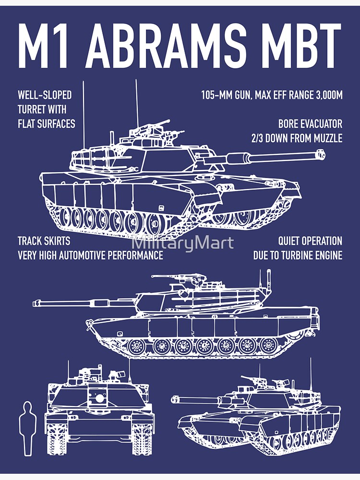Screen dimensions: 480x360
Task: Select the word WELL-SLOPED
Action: pyautogui.click(x=45, y=95)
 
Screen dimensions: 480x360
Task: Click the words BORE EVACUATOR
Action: pyautogui.click(x=310, y=124)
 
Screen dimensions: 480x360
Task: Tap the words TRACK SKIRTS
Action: pyautogui.click(x=44, y=241)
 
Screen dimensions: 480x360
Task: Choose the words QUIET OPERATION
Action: pyautogui.click(x=310, y=241)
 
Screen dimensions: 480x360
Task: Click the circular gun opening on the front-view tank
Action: pyautogui.click(x=99, y=398)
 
